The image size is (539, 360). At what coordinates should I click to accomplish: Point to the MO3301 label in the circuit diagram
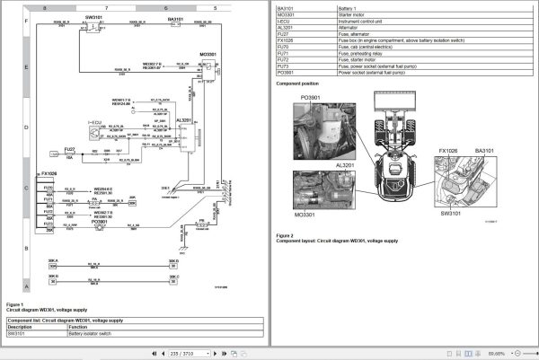[208, 54]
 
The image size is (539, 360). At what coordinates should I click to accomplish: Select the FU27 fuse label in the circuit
[69, 148]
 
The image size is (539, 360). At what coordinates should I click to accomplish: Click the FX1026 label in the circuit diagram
[49, 172]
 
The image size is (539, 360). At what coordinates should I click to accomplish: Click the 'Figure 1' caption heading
[17, 303]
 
